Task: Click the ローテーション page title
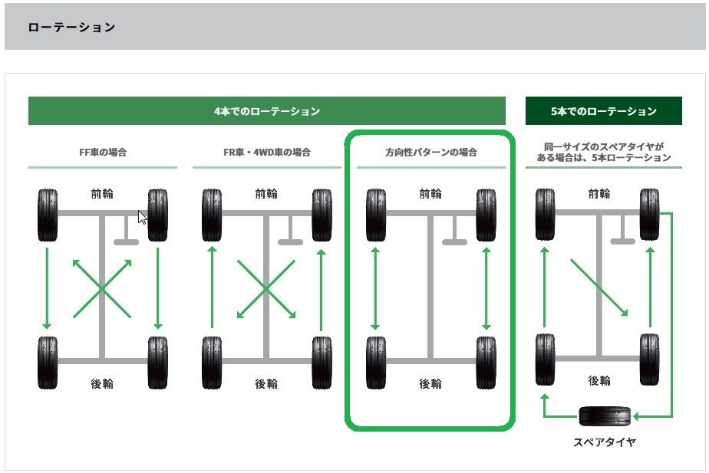(71, 28)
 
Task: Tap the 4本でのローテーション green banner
(266, 111)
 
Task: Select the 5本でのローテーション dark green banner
(603, 111)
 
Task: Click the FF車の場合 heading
(103, 153)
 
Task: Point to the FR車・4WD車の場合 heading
(266, 153)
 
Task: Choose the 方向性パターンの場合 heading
(430, 153)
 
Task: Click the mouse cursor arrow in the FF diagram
(142, 217)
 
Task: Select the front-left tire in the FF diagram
(48, 215)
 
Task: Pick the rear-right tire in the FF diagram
(157, 362)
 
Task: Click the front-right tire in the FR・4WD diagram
(322, 215)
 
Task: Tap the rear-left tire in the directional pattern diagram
(376, 362)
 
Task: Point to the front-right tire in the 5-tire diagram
(650, 213)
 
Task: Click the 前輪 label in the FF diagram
(102, 194)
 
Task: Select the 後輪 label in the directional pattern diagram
(430, 384)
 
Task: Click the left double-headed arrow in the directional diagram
(375, 287)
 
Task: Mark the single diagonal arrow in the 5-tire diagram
(599, 286)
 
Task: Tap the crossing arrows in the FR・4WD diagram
(265, 289)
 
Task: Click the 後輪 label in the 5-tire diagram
(599, 381)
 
